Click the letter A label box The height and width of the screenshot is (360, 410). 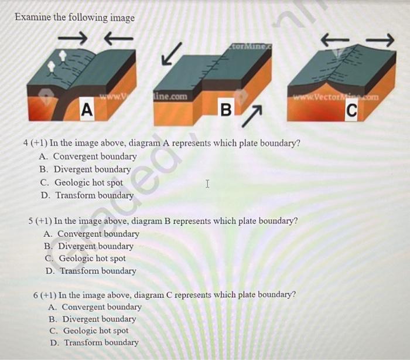[x=87, y=109]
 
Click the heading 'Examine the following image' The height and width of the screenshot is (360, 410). [x=74, y=17]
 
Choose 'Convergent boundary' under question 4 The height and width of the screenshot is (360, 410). [x=95, y=157]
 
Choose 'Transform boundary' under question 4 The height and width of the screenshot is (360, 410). [x=94, y=195]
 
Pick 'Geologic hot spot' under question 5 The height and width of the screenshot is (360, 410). [x=92, y=259]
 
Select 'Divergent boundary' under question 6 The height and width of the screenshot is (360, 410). [x=100, y=319]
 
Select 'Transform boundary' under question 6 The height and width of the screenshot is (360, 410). [x=101, y=343]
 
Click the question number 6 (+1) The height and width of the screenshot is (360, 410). [x=45, y=294]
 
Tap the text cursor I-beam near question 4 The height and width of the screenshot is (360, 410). [x=207, y=184]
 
